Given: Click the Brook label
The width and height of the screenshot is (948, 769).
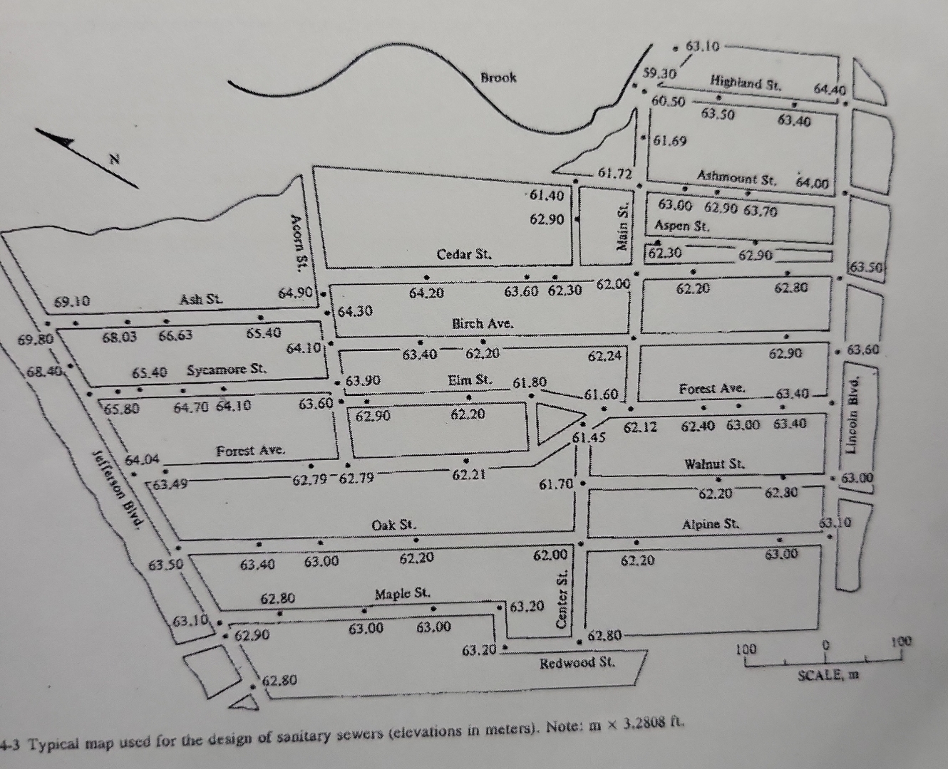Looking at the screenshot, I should [x=498, y=78].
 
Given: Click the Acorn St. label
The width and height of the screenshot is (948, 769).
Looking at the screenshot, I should [x=298, y=242].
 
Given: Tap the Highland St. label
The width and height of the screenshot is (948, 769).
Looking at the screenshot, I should [x=746, y=82].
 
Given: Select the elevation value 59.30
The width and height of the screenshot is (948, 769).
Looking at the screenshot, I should [x=659, y=73].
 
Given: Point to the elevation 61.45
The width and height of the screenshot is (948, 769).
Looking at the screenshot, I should [x=589, y=437].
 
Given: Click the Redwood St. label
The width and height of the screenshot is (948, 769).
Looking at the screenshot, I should [x=577, y=663].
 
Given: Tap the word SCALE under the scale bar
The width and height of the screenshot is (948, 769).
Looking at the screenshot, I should [x=819, y=674].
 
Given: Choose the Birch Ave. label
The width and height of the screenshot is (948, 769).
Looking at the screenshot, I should [x=483, y=323].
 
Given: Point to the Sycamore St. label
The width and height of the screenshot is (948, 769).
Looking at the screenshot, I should [x=227, y=370].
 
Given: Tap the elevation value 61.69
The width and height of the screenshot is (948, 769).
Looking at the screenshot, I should [x=670, y=140].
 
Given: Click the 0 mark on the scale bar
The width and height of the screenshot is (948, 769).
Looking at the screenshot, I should [x=825, y=644].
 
